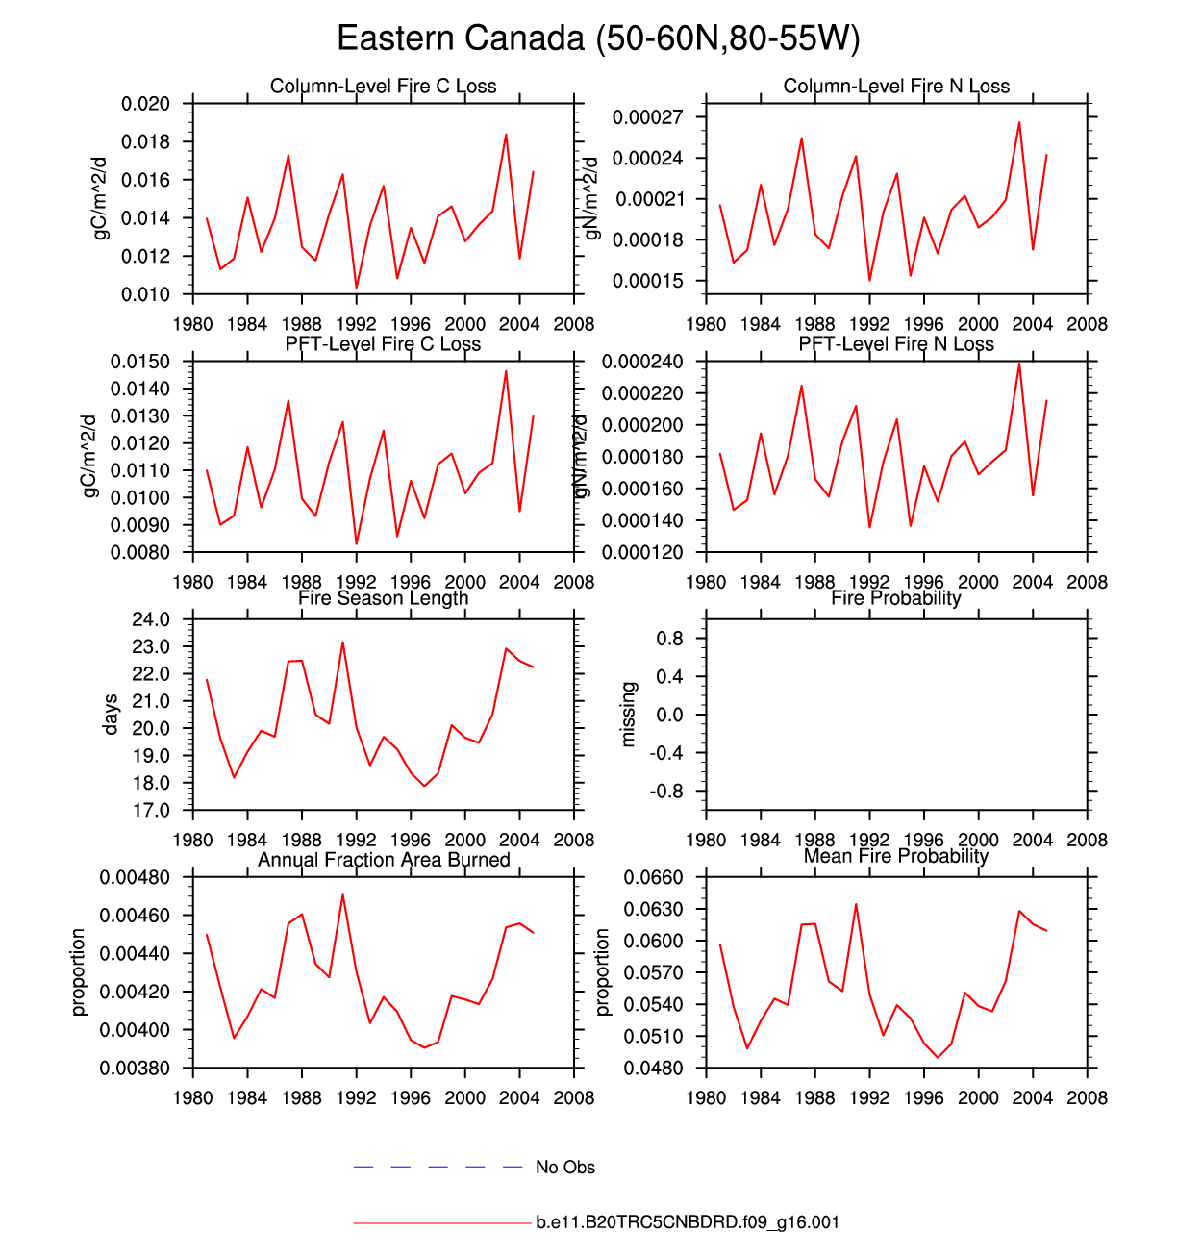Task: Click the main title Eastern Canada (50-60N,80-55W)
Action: coord(598,38)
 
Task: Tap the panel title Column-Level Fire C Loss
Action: coord(383,87)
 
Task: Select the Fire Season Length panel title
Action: coord(383,598)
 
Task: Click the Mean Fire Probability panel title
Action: coord(895,856)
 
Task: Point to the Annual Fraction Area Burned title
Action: coord(383,860)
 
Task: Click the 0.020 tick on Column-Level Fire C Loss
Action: coord(145,104)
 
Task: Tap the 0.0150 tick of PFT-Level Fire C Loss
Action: coord(140,362)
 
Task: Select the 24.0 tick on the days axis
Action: coord(150,619)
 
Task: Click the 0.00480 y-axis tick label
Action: coord(136,877)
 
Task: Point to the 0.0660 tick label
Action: coord(653,877)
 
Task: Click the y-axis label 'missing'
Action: coord(629,715)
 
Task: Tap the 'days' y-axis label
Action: coord(112,715)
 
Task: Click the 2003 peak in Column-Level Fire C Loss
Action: coord(506,135)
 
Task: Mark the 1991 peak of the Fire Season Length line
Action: coord(342,642)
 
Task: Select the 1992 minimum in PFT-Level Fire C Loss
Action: coord(357,544)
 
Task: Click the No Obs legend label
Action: coord(565,1168)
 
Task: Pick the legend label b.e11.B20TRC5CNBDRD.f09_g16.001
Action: coord(688,1222)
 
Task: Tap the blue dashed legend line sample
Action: coord(438,1167)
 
